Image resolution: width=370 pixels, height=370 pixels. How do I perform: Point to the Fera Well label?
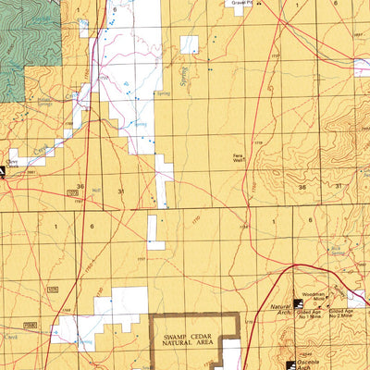click(239, 158)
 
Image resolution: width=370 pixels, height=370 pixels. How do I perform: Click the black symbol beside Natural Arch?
click(299, 303)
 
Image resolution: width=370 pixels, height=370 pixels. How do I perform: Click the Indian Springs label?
click(43, 99)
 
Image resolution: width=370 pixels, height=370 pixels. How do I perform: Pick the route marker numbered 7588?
click(31, 326)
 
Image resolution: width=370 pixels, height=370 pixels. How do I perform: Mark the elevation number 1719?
click(259, 142)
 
